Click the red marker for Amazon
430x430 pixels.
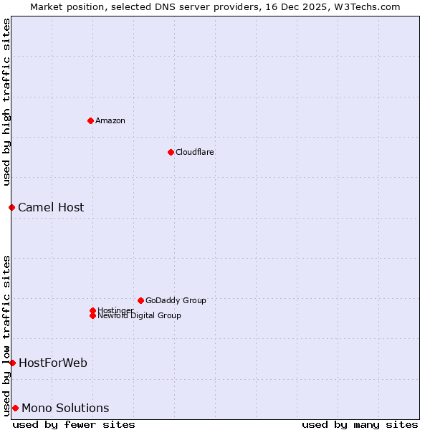(90, 120)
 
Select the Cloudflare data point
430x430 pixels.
(171, 152)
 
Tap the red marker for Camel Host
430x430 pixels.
(11, 207)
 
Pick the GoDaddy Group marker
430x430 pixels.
(140, 300)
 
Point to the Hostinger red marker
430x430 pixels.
(92, 310)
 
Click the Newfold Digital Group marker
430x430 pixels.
(92, 315)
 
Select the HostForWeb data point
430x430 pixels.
(12, 363)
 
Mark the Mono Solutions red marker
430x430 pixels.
(15, 408)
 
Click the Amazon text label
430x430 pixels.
(110, 120)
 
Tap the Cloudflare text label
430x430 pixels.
(195, 152)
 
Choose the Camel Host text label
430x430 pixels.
(51, 207)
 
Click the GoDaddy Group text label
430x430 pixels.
(176, 300)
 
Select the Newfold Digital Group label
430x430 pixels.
(140, 316)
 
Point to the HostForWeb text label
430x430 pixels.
(53, 363)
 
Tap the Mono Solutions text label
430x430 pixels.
(65, 408)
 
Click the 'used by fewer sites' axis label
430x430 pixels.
(74, 424)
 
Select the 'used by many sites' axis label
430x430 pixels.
(360, 424)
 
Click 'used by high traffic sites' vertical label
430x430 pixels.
(6, 102)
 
